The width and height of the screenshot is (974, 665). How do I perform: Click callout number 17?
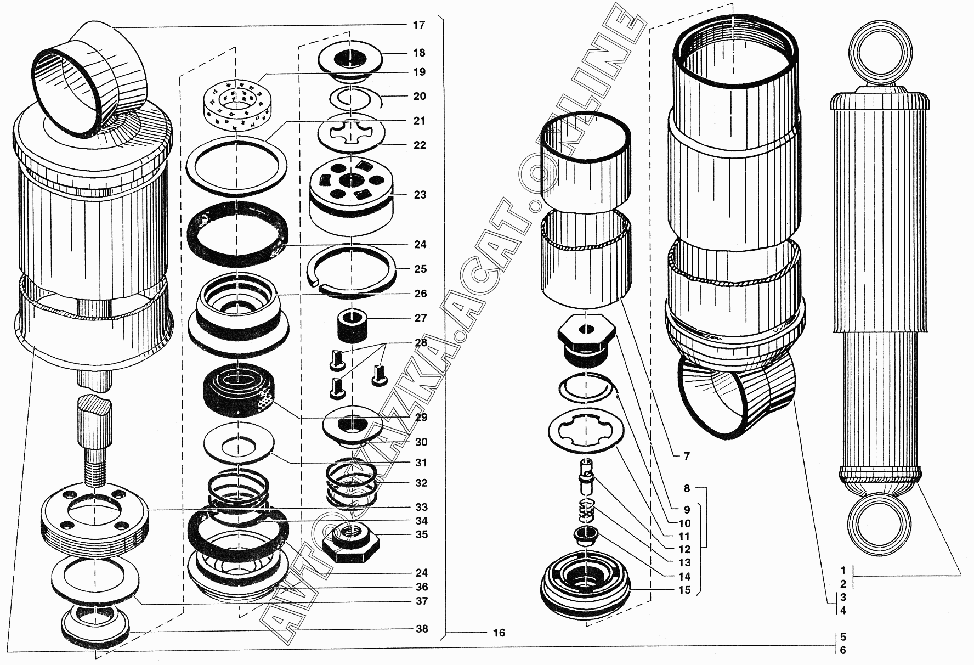pyautogui.click(x=419, y=25)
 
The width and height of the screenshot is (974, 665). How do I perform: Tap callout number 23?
pyautogui.click(x=420, y=195)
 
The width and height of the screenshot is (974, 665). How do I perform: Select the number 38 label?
pyautogui.click(x=421, y=629)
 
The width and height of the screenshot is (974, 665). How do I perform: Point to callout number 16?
pyautogui.click(x=499, y=633)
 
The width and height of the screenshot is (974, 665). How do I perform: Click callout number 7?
pyautogui.click(x=687, y=456)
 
